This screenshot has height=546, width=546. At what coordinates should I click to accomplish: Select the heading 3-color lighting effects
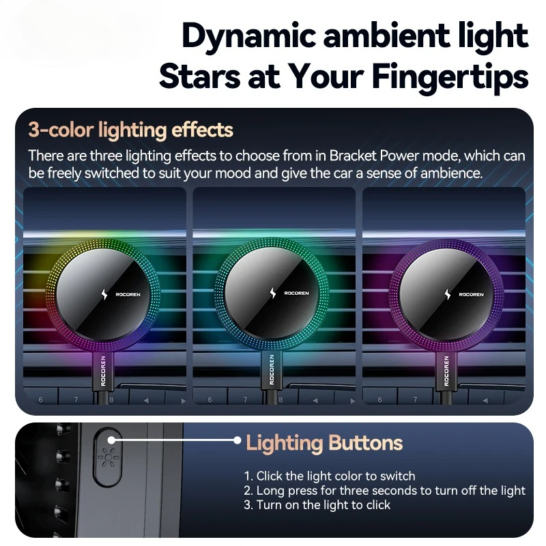point(131,130)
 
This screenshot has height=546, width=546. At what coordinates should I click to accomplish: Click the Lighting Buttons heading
point(324,443)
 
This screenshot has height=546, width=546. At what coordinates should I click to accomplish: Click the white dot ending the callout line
point(237,441)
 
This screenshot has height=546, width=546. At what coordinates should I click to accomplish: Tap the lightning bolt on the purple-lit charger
point(447,294)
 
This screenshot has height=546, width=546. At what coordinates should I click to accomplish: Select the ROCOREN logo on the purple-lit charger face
point(472,295)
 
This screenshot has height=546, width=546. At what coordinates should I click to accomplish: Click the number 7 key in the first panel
point(76,399)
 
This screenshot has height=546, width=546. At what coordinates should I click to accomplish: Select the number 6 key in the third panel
point(379,399)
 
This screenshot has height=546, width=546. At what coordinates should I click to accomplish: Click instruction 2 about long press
point(384,491)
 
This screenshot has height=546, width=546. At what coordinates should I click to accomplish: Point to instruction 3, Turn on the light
point(317,505)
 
